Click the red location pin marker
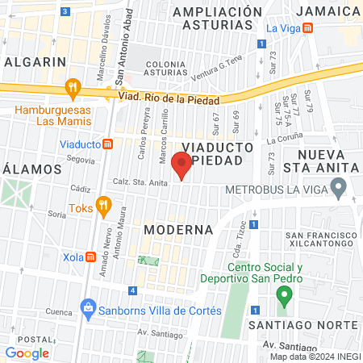(182, 165)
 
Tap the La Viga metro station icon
(321, 30)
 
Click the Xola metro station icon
(91, 257)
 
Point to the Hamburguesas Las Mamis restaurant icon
(73, 87)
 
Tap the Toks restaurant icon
(102, 204)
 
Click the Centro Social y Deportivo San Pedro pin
(283, 295)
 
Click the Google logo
(27, 353)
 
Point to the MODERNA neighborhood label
(178, 230)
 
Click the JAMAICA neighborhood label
(327, 11)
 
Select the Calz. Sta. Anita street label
(140, 183)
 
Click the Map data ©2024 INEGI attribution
(315, 356)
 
